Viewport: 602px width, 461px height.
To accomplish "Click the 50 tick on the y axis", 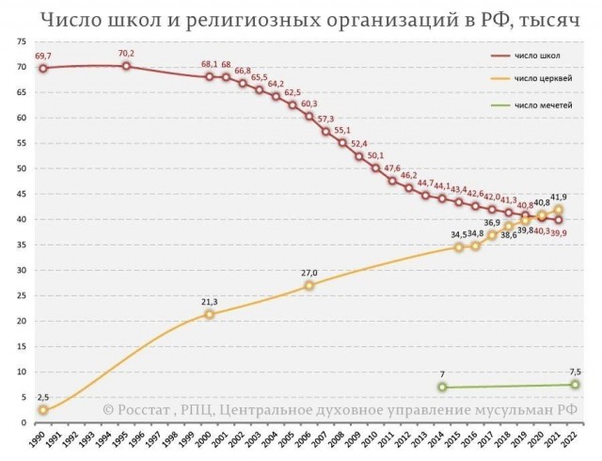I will click(20, 169).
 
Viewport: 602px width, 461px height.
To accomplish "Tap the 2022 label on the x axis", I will click(575, 442).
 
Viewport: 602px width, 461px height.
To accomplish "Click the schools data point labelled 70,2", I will click(126, 66).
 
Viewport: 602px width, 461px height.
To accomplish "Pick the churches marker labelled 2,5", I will click(43, 410).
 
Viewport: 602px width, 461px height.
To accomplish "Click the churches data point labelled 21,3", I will click(209, 314).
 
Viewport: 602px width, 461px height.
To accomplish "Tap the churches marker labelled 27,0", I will click(309, 285).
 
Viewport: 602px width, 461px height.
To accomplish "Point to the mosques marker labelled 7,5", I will click(575, 385).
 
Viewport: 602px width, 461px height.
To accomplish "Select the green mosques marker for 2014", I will click(442, 387).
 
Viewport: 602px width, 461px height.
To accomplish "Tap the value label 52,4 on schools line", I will click(358, 144).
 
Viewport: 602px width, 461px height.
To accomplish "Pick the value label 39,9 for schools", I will click(560, 232).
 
